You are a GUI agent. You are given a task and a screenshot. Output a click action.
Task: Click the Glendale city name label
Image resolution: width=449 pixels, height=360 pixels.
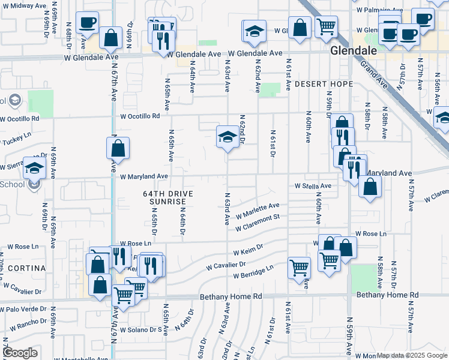(x=354, y=51)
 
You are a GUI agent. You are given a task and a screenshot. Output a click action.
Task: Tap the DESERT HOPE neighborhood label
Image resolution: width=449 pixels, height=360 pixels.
(x=324, y=84)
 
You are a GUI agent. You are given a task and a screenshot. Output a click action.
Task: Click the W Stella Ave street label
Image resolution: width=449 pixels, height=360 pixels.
(x=313, y=187)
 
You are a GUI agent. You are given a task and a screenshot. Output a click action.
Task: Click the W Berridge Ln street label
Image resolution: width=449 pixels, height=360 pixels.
(x=253, y=272)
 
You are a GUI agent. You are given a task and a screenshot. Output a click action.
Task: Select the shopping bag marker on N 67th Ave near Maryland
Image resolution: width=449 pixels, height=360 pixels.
(x=119, y=148)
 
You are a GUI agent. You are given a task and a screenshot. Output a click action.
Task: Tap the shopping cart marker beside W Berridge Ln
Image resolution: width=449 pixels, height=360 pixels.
(x=299, y=268)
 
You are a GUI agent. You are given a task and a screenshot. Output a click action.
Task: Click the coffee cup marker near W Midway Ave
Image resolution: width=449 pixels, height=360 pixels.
(x=88, y=23)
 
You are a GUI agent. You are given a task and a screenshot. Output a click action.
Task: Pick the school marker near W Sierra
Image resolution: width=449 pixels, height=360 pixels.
(x=34, y=167)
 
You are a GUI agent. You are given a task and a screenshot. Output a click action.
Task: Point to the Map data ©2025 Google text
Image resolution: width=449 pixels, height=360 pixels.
(x=412, y=356)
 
